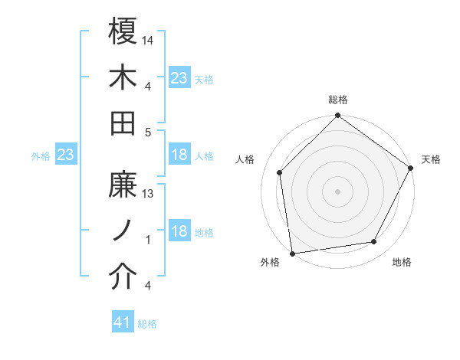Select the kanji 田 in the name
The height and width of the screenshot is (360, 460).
coord(123,123)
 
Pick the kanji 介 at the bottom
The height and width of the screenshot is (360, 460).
coord(123,278)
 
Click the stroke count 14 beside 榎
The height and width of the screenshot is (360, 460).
coord(149,39)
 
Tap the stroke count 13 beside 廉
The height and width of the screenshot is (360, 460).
coord(149,195)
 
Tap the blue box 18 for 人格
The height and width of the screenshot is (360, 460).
coord(179,155)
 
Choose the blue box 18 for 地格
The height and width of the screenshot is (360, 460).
coord(179,232)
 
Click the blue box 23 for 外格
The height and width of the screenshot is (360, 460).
coord(66,155)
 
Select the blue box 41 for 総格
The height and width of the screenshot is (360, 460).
coord(123,322)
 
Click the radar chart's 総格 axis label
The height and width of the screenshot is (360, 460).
coord(338,100)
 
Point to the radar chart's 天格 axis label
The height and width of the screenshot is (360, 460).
coord(431,159)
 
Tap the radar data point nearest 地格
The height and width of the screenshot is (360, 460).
coord(374,242)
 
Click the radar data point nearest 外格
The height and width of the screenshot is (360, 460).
coord(292,253)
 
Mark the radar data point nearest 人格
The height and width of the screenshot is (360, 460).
coord(280,172)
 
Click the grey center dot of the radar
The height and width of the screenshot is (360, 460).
coord(337,191)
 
